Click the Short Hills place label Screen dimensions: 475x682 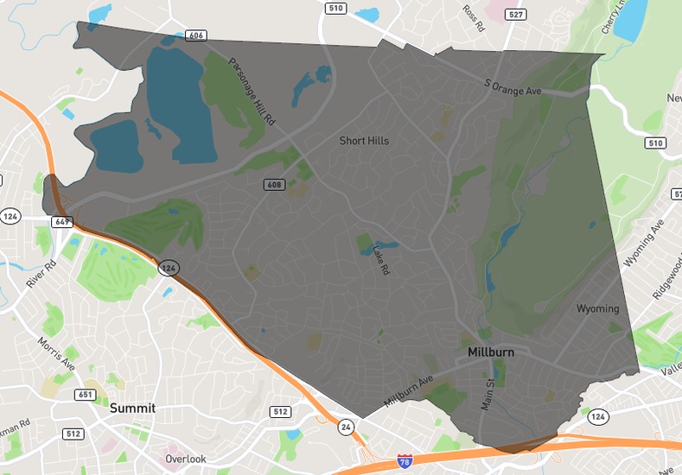point(364,141)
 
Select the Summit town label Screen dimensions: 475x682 point(131,407)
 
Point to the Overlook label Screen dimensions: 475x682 point(186,459)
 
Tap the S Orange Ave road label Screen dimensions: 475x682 point(513,86)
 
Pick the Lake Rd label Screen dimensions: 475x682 point(380,257)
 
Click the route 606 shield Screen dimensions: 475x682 point(195,35)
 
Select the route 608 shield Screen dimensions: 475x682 point(274,185)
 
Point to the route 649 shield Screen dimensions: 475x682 point(62,221)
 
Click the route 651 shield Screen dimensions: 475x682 point(86,395)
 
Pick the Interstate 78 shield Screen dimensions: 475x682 point(405,462)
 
